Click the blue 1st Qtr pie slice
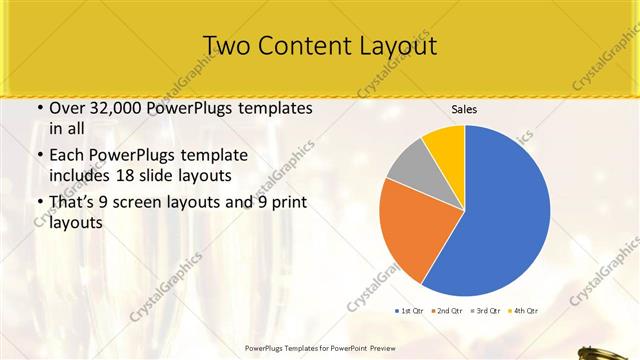coord(505,215)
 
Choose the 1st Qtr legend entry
coord(411,311)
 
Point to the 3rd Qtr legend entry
coord(486,311)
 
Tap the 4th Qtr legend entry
coord(523,311)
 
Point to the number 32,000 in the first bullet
coord(118,108)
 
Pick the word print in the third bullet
coord(289,203)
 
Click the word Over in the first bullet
coord(68,108)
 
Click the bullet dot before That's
coord(39,204)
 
